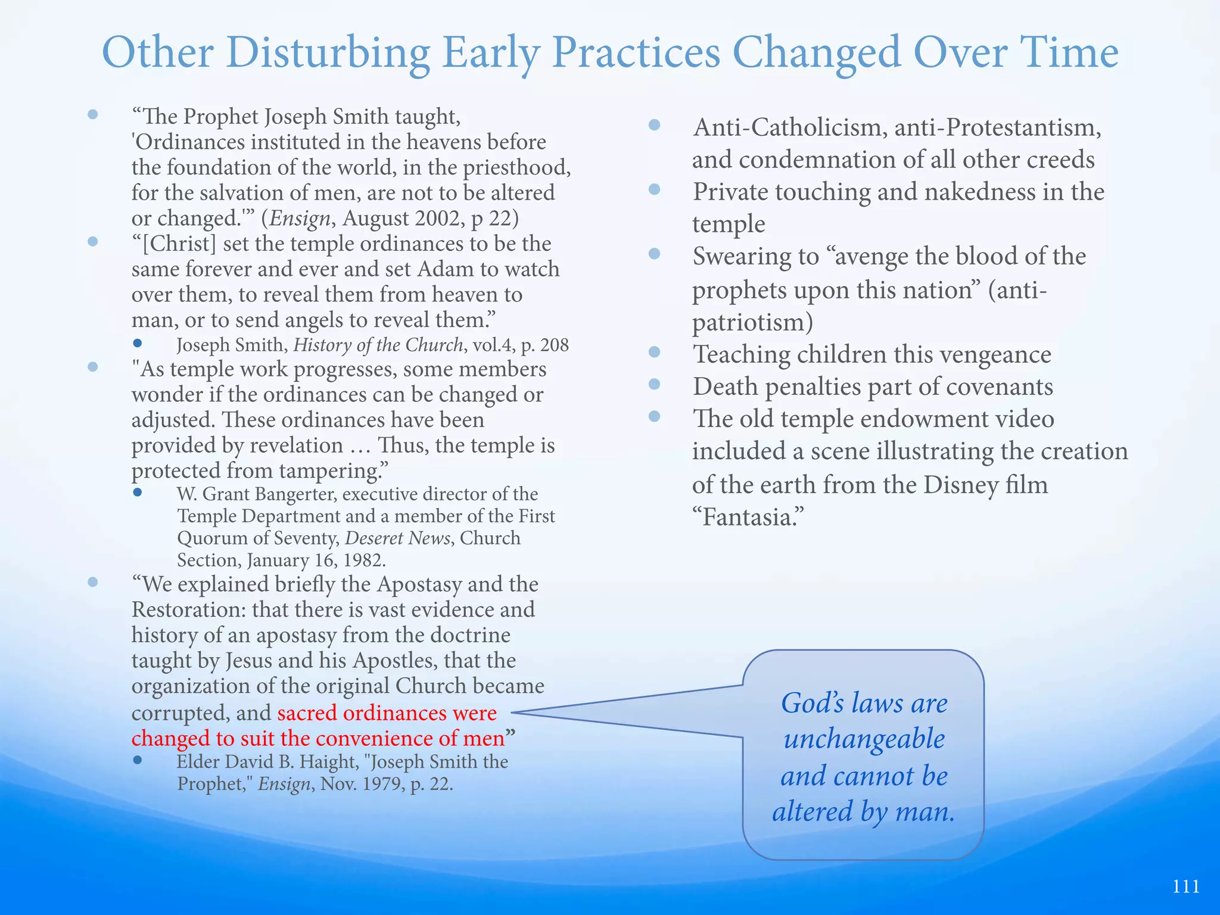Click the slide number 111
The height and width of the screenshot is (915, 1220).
click(x=1185, y=886)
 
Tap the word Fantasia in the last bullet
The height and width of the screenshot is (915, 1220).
click(x=748, y=517)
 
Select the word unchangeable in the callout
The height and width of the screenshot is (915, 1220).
click(x=864, y=739)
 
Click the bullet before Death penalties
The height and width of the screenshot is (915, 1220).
click(x=654, y=385)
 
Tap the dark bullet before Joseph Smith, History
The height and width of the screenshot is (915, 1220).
click(x=138, y=343)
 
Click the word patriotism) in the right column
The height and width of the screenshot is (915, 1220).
click(x=752, y=322)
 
